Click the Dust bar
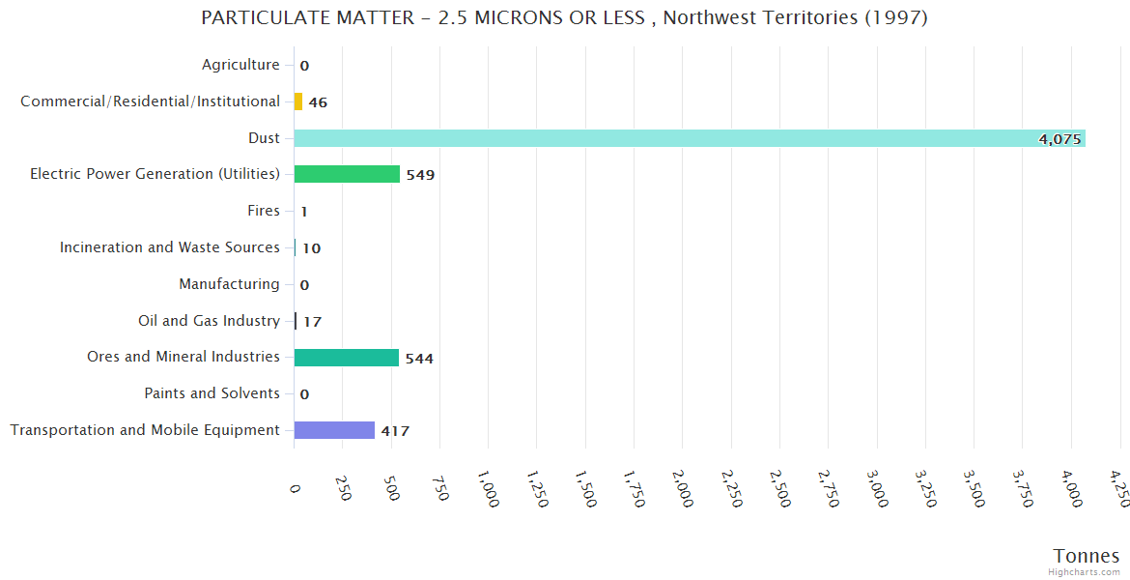click(x=690, y=138)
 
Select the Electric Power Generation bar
click(x=347, y=174)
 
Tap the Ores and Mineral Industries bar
click(x=346, y=358)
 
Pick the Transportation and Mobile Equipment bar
click(x=334, y=430)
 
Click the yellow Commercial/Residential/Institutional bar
click(x=298, y=101)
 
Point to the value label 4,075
click(x=1059, y=139)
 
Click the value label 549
click(x=420, y=175)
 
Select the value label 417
click(x=395, y=431)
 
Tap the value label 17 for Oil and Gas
click(x=312, y=322)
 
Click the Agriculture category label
click(x=240, y=65)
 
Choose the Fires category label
click(x=264, y=211)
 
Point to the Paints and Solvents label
click(x=212, y=393)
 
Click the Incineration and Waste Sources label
click(x=170, y=247)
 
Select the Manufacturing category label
click(x=229, y=284)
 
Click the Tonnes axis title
click(x=1086, y=556)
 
